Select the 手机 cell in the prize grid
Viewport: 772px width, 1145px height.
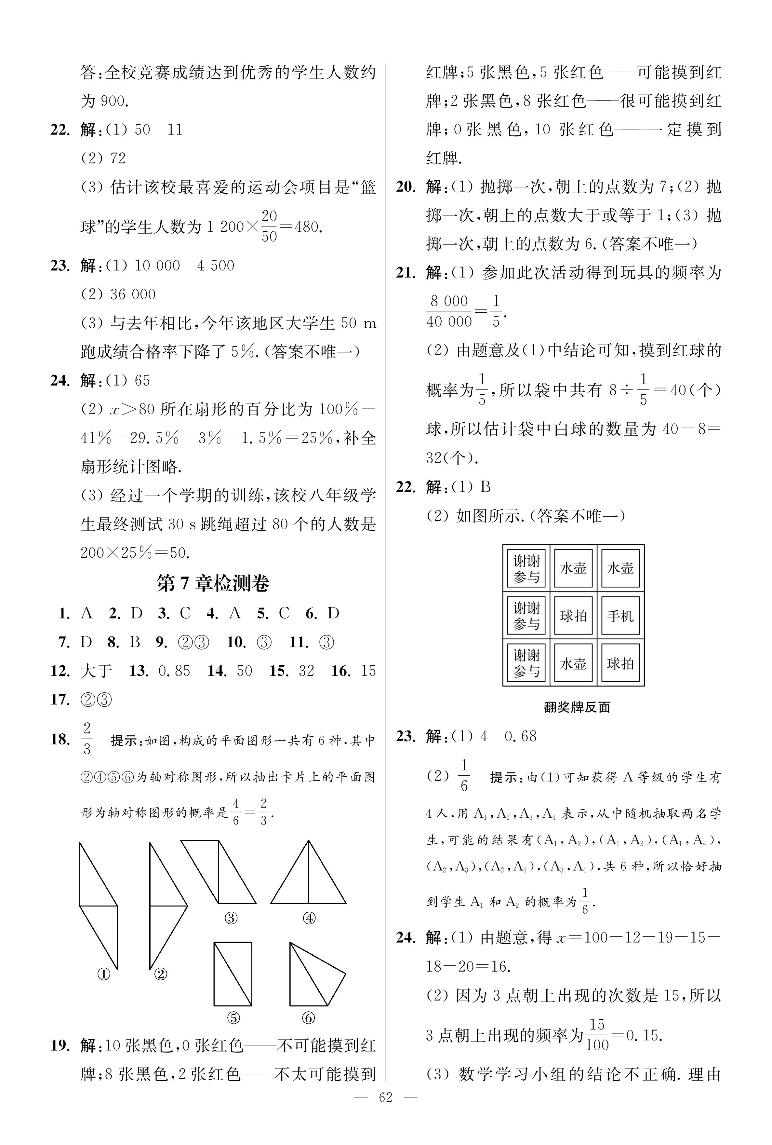pyautogui.click(x=620, y=616)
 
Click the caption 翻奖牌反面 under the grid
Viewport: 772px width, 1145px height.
pyautogui.click(x=577, y=707)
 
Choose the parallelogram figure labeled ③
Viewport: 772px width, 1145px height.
pyautogui.click(x=218, y=872)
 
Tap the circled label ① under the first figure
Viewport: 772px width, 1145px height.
pyautogui.click(x=103, y=974)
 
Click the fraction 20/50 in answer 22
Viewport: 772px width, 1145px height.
pyautogui.click(x=269, y=226)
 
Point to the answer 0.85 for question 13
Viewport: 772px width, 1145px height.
pyautogui.click(x=174, y=671)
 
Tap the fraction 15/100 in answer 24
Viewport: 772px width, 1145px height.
pyautogui.click(x=597, y=1035)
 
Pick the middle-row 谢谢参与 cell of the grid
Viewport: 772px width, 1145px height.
pyautogui.click(x=526, y=616)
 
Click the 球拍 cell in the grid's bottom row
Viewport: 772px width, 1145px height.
pyautogui.click(x=620, y=663)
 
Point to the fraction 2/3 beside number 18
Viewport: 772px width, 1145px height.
pyautogui.click(x=87, y=739)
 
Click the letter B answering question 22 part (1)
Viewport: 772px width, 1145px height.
pyautogui.click(x=486, y=487)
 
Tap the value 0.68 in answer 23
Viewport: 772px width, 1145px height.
pyautogui.click(x=520, y=736)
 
